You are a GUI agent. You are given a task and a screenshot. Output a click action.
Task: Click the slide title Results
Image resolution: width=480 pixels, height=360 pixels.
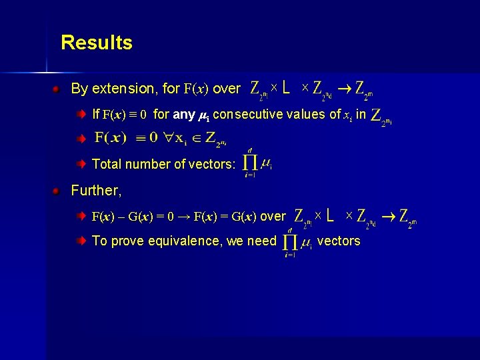coord(97,43)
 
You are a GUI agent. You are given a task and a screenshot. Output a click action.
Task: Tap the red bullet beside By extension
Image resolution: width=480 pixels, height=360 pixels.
coord(59,89)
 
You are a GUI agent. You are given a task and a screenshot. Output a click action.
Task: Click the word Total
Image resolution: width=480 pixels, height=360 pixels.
coord(106,164)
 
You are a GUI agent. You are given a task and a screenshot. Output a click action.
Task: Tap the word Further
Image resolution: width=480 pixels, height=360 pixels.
coord(96,191)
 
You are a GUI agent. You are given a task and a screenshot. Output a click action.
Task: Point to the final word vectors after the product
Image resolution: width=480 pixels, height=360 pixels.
coord(339,241)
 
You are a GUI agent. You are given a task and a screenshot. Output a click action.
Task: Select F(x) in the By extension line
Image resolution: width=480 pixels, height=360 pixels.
coord(197,89)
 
